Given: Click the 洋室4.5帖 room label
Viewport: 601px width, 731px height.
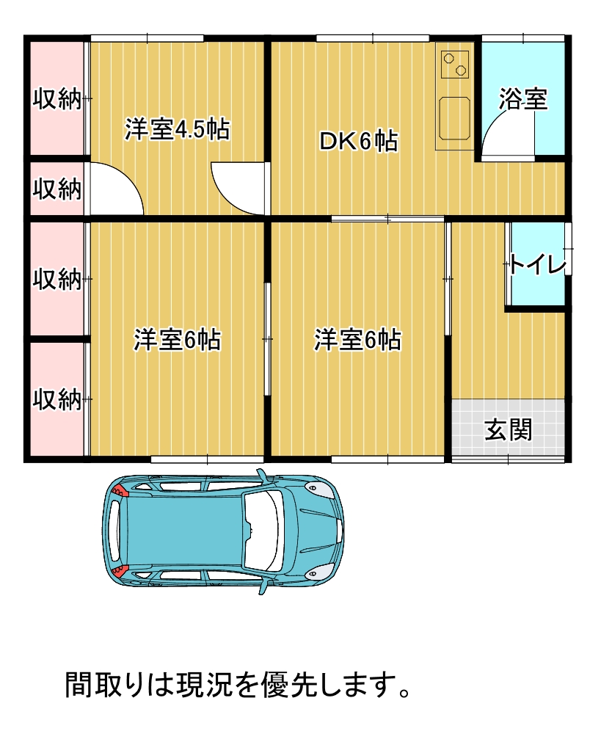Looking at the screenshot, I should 177,129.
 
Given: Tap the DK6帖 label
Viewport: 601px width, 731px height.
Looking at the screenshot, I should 358,141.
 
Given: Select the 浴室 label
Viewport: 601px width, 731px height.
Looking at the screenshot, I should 523,99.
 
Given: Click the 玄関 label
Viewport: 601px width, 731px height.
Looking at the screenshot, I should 508,429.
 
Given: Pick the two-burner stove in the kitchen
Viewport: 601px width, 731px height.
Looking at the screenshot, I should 455,63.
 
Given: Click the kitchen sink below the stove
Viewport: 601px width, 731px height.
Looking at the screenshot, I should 455,117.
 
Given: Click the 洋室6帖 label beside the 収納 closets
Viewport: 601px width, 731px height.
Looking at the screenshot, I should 177,340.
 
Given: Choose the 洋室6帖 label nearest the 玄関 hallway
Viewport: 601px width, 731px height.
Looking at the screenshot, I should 358,340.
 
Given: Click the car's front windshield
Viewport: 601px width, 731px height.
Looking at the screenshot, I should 264,531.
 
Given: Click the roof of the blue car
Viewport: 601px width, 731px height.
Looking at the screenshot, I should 183,531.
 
